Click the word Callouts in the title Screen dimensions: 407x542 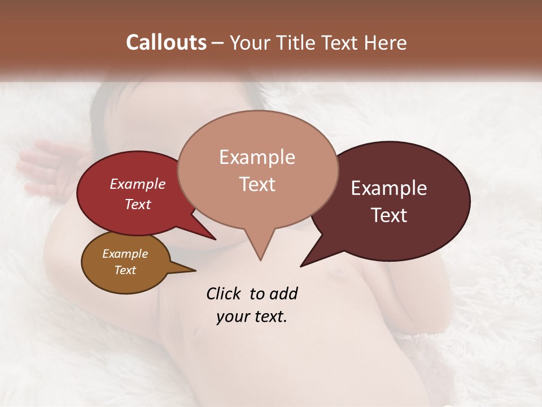tap(166, 42)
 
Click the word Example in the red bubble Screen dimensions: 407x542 tap(137, 184)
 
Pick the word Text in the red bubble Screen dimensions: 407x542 tap(137, 204)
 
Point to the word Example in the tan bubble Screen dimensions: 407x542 tap(257, 157)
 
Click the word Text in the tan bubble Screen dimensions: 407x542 tap(257, 184)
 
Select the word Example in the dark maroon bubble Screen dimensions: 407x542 tap(388, 188)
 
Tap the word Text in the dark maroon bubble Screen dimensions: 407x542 tap(388, 215)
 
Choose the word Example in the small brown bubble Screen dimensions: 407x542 tap(125, 254)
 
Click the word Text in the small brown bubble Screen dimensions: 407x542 tap(125, 270)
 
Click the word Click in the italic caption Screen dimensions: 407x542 tap(225, 293)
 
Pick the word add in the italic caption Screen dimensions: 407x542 tap(283, 293)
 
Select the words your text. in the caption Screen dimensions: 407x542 tap(251, 317)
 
